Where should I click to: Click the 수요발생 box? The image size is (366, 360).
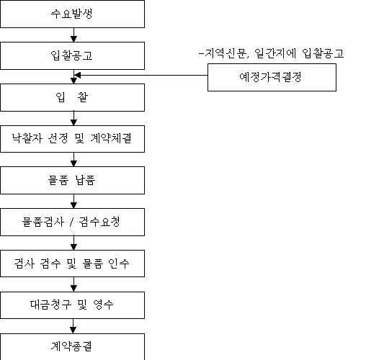[72, 14]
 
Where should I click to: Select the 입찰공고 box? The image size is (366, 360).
[72, 55]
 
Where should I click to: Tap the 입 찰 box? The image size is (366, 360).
[72, 97]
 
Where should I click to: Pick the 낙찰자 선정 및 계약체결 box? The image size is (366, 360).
[72, 139]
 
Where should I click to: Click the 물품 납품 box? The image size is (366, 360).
[72, 180]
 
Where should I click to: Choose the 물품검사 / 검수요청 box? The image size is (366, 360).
[72, 222]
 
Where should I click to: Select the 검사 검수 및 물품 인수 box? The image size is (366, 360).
[72, 264]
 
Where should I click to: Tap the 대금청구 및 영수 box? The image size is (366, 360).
[72, 305]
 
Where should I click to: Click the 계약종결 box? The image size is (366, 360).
[72, 346]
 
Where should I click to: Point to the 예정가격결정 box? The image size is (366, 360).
[272, 77]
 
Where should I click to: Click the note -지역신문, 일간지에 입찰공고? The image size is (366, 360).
[272, 53]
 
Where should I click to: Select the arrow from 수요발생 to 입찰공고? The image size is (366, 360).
[73, 35]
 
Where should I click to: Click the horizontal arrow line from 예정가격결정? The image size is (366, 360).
[141, 75]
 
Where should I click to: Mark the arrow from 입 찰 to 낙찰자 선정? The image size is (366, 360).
[73, 118]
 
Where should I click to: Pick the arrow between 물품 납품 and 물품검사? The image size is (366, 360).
[73, 201]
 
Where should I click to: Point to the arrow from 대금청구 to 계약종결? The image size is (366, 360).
[73, 326]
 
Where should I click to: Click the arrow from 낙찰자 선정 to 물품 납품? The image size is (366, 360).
[73, 159]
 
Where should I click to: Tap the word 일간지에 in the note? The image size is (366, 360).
[275, 53]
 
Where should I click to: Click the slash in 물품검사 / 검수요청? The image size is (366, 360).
[71, 222]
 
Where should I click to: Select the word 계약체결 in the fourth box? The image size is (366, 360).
[111, 138]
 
